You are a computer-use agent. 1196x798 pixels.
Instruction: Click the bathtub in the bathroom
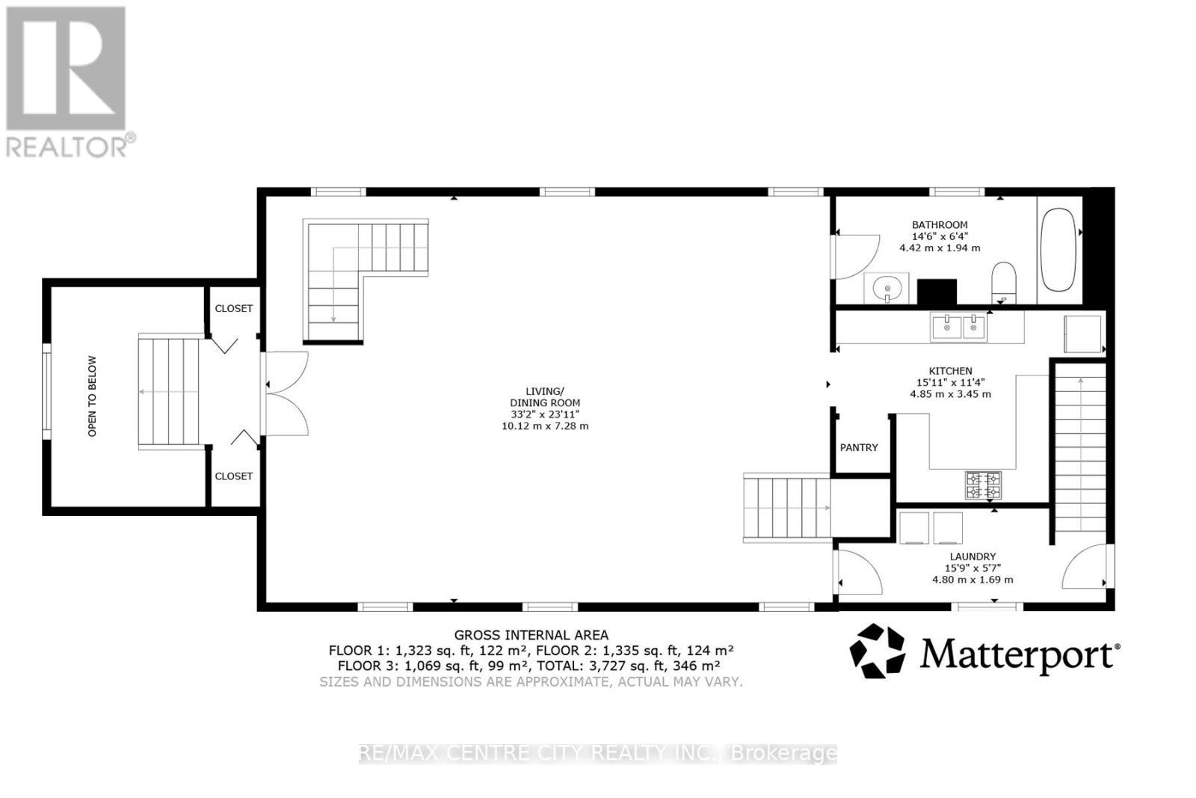click(1057, 250)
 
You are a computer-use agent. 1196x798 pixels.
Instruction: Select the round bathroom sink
click(887, 287)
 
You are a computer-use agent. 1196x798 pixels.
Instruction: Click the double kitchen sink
click(958, 327)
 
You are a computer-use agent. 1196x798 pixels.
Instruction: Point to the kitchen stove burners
click(983, 485)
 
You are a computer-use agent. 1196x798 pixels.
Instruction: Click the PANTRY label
click(859, 447)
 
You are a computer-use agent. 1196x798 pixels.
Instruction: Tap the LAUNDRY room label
click(972, 556)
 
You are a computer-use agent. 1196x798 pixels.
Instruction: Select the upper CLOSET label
click(233, 308)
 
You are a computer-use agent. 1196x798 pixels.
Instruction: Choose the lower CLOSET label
click(233, 476)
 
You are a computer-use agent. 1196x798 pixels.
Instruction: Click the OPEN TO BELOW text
click(93, 396)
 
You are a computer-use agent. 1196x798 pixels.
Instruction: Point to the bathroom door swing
click(856, 256)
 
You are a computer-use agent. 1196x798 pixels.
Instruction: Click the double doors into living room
click(286, 393)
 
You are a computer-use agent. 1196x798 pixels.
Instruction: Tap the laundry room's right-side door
click(1086, 567)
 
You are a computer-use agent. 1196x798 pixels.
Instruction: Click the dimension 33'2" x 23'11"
click(545, 414)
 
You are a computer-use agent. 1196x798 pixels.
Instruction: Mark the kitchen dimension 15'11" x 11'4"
click(950, 382)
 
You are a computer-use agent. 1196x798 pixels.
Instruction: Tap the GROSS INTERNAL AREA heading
click(531, 635)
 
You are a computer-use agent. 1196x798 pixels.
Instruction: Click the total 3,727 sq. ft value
click(651, 666)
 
